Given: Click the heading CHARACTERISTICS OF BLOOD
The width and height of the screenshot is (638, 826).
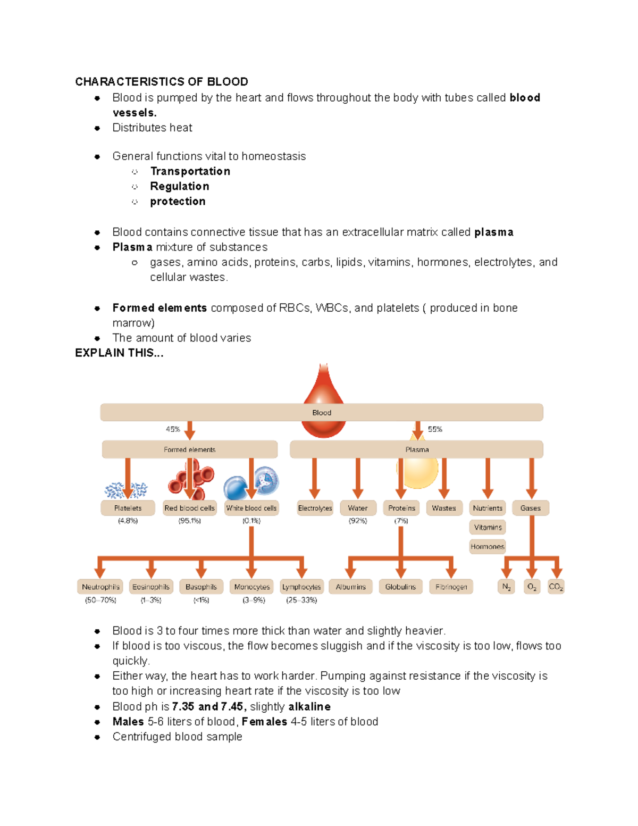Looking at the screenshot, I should [162, 81].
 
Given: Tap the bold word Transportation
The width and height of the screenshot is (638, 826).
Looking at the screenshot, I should [190, 171].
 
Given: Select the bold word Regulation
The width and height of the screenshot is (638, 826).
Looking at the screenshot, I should [179, 186].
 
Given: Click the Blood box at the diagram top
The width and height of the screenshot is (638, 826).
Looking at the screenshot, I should [321, 412].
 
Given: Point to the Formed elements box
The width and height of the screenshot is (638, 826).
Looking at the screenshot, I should [189, 449].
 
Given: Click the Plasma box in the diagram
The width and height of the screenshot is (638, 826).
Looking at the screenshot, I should [416, 449].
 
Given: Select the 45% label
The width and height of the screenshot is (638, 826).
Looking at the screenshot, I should [173, 429].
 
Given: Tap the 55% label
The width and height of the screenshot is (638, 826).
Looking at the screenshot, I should [435, 429].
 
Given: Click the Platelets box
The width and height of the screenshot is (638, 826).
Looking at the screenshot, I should [128, 508].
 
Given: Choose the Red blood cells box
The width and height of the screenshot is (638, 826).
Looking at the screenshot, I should [189, 508].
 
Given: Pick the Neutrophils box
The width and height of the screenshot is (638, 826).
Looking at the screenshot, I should [100, 587].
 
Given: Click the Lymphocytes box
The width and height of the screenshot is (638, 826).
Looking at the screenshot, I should [301, 587].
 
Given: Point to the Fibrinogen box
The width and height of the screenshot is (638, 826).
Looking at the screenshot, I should [451, 587].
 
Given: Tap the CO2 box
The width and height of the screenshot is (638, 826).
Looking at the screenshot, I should [556, 587].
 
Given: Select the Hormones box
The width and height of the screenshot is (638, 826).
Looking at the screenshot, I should [487, 546].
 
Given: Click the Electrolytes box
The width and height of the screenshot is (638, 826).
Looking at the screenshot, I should [315, 508].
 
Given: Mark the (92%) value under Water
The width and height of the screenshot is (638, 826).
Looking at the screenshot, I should [358, 521].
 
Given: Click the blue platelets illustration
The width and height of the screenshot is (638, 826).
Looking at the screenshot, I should [126, 490].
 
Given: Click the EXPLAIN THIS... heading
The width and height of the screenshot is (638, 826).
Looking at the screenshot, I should [119, 353].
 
